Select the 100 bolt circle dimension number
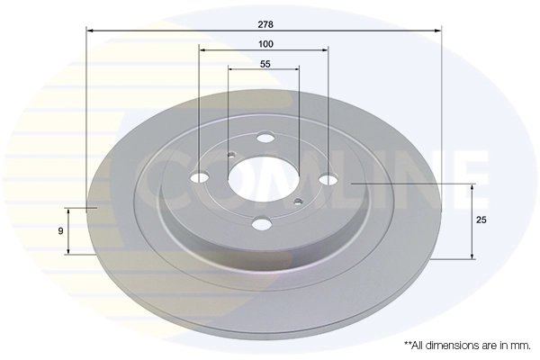tap(265, 43)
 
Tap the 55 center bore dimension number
tap(265, 64)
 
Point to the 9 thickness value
tap(59, 231)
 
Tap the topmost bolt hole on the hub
tap(265, 138)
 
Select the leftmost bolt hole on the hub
tap(200, 176)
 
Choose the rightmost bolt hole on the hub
tap(329, 179)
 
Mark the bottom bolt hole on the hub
tap(262, 223)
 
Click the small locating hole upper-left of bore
tap(230, 154)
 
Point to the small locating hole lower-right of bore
tap(297, 201)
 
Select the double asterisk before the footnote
tap(407, 344)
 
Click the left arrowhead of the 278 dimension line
tap(90, 31)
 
